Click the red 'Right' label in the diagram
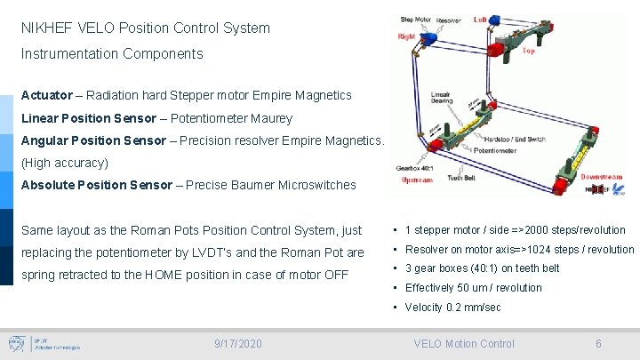tap(406, 36)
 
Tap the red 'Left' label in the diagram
tap(480, 19)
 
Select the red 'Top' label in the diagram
tap(528, 51)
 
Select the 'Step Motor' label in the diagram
tap(417, 19)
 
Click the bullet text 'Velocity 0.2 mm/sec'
tap(452, 308)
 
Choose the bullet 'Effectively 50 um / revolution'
tap(473, 288)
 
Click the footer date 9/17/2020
tap(238, 343)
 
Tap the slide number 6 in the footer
tap(598, 343)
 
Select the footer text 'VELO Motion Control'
tap(464, 343)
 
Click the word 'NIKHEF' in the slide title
tap(45, 28)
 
